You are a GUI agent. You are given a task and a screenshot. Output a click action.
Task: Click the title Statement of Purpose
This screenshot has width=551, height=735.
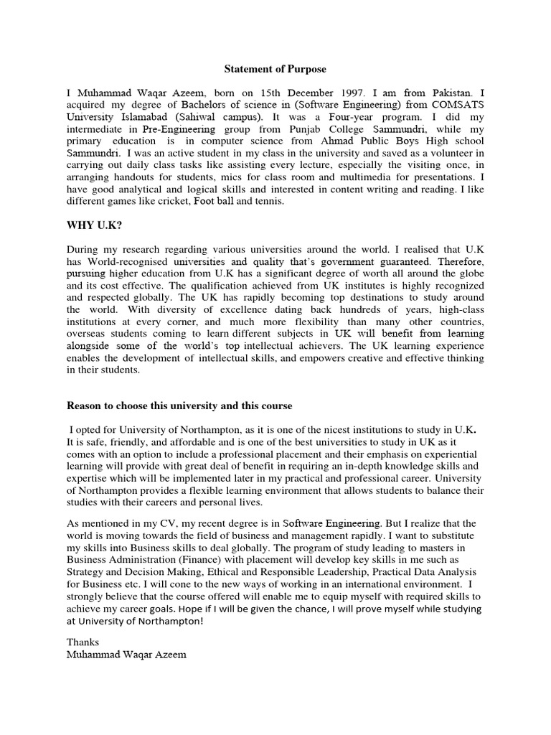pos(275,69)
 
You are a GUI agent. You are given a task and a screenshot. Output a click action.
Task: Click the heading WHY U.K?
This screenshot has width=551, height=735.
pos(93,225)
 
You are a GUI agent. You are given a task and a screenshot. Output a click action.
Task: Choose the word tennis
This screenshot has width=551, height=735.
pos(269,202)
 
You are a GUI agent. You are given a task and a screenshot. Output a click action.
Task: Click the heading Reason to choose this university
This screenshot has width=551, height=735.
pos(179,406)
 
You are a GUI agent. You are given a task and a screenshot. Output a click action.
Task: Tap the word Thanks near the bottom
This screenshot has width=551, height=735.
pos(83,642)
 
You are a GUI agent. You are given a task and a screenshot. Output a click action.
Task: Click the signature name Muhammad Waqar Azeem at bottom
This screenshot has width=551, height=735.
pos(126,655)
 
